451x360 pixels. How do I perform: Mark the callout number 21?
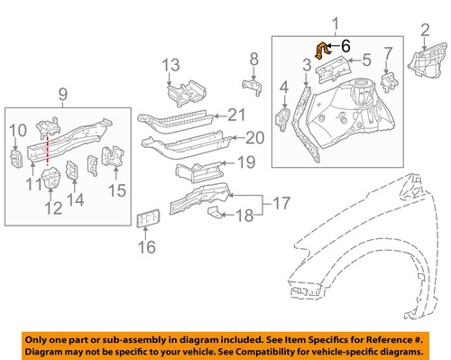click(x=235, y=114)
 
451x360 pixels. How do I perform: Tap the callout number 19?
click(x=245, y=163)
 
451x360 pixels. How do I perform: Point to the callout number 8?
click(x=253, y=60)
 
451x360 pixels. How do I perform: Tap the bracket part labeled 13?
click(x=179, y=94)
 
